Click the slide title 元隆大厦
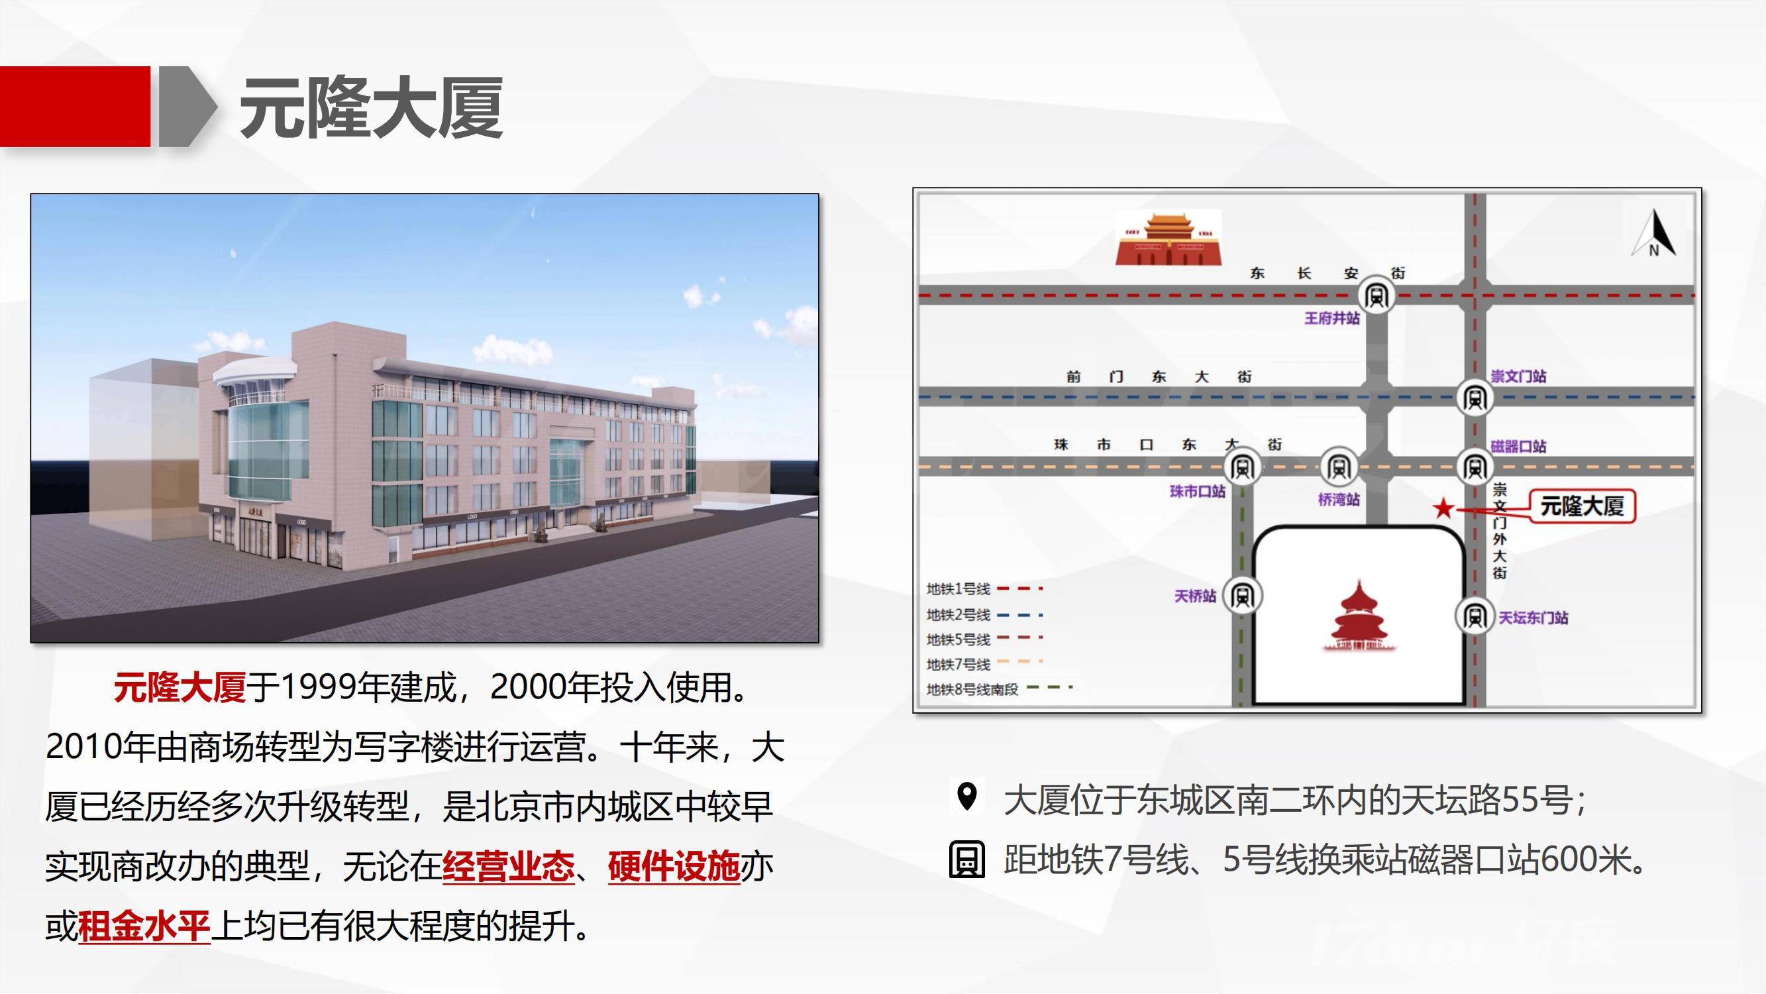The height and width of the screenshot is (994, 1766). pyautogui.click(x=372, y=107)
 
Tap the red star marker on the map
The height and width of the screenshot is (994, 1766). pyautogui.click(x=1443, y=508)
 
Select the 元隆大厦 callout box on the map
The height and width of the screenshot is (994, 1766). pyautogui.click(x=1583, y=506)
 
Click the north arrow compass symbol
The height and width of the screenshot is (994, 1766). pyautogui.click(x=1654, y=233)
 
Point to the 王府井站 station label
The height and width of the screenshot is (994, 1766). pyautogui.click(x=1332, y=318)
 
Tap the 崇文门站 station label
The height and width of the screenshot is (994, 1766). pyautogui.click(x=1518, y=376)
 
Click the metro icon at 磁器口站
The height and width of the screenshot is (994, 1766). pyautogui.click(x=1475, y=467)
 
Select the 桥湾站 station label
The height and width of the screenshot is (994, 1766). pyautogui.click(x=1339, y=500)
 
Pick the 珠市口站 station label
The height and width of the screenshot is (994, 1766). pyautogui.click(x=1198, y=491)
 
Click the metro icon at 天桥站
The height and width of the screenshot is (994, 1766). pyautogui.click(x=1242, y=596)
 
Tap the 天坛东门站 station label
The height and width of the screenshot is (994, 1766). pyautogui.click(x=1533, y=618)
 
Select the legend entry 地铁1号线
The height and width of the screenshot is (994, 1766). pyautogui.click(x=984, y=588)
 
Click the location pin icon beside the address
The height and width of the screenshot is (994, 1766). pyautogui.click(x=966, y=797)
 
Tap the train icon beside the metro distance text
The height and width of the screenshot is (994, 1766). pyautogui.click(x=966, y=859)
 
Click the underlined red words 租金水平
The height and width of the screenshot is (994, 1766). pyautogui.click(x=144, y=926)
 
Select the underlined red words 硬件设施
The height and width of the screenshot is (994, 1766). pyautogui.click(x=674, y=866)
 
